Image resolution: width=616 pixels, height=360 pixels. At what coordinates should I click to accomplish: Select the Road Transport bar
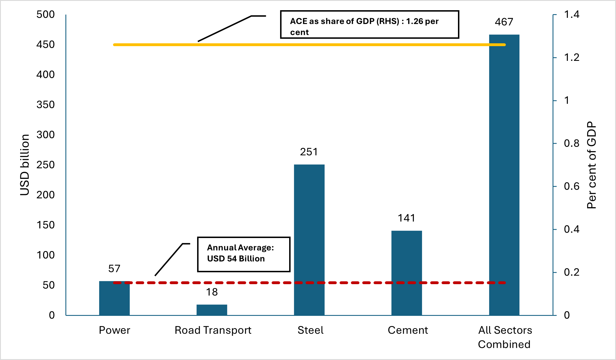point(212,310)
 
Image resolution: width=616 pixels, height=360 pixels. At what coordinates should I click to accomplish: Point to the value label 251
point(309,152)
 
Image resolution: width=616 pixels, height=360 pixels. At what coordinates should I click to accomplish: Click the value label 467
point(504,22)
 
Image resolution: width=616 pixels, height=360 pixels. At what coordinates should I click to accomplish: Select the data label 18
point(212,292)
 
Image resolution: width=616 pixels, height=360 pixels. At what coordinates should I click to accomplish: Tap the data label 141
point(406,218)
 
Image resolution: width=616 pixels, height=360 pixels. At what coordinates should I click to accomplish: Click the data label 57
point(114,269)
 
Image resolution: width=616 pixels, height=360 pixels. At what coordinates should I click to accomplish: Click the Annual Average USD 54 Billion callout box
point(244,254)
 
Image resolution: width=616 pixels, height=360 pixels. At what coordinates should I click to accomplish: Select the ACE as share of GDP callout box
point(369,25)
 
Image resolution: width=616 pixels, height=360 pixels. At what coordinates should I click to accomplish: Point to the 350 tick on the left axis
point(45,105)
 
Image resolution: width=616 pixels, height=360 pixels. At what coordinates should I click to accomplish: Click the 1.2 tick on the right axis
point(572,58)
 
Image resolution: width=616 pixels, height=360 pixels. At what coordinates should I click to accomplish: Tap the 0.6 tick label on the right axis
point(572,187)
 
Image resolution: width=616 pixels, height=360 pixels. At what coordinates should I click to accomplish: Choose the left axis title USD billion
point(25,165)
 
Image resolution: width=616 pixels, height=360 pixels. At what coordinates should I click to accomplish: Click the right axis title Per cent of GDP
point(592,165)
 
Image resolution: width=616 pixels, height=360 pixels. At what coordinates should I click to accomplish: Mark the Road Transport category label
point(213,330)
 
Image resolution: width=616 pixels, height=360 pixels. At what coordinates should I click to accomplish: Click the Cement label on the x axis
point(408,330)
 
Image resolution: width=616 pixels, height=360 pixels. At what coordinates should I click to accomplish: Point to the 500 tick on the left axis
point(45,15)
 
